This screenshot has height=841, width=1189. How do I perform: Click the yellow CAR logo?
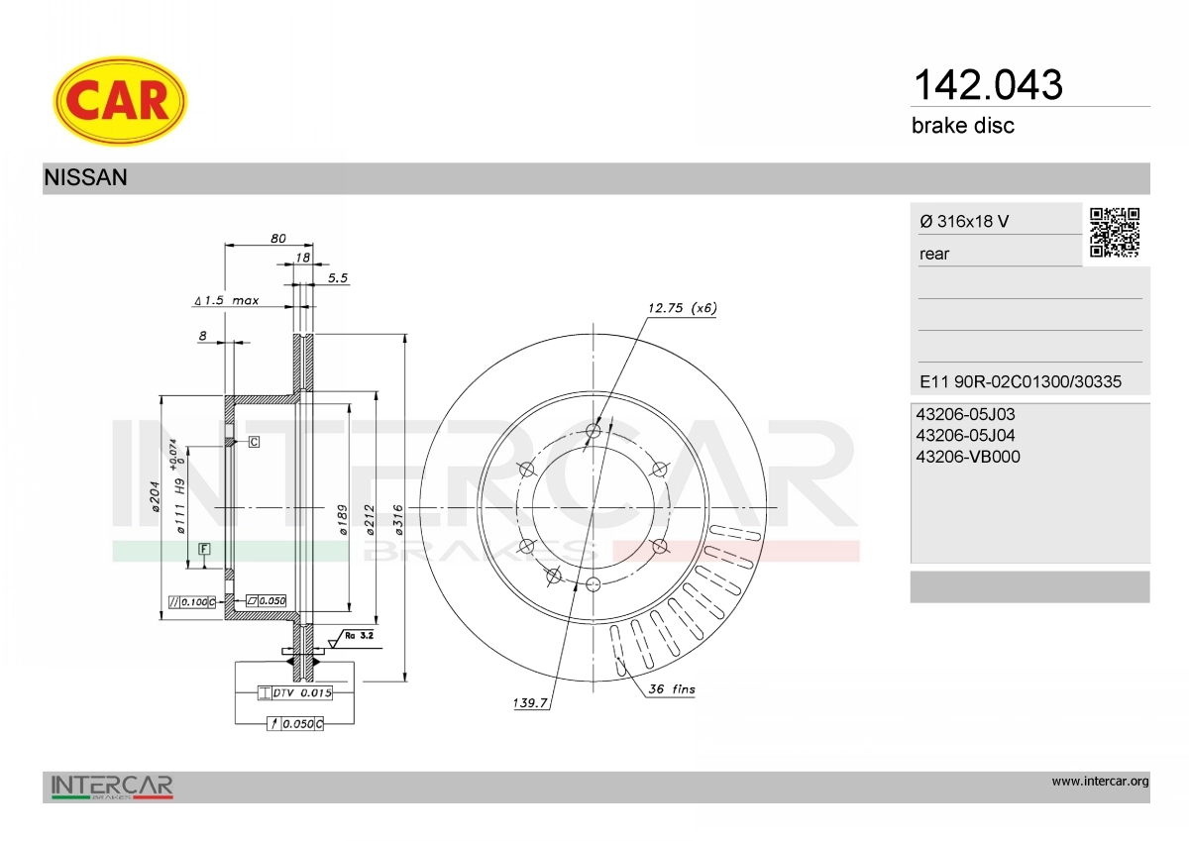pyautogui.click(x=120, y=101)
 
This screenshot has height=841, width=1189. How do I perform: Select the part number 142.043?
pyautogui.click(x=988, y=85)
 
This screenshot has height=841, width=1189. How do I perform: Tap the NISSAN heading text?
pyautogui.click(x=85, y=177)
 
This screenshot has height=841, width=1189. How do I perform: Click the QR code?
pyautogui.click(x=1115, y=233)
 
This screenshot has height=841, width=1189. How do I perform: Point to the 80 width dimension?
pyautogui.click(x=278, y=239)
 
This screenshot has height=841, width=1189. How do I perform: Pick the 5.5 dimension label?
pyautogui.click(x=338, y=278)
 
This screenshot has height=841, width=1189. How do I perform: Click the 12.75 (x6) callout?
pyautogui.click(x=682, y=308)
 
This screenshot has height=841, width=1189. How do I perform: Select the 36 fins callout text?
pyautogui.click(x=672, y=688)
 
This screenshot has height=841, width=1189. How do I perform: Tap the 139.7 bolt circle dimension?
pyautogui.click(x=530, y=703)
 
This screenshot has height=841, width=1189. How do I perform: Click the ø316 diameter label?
pyautogui.click(x=398, y=519)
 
